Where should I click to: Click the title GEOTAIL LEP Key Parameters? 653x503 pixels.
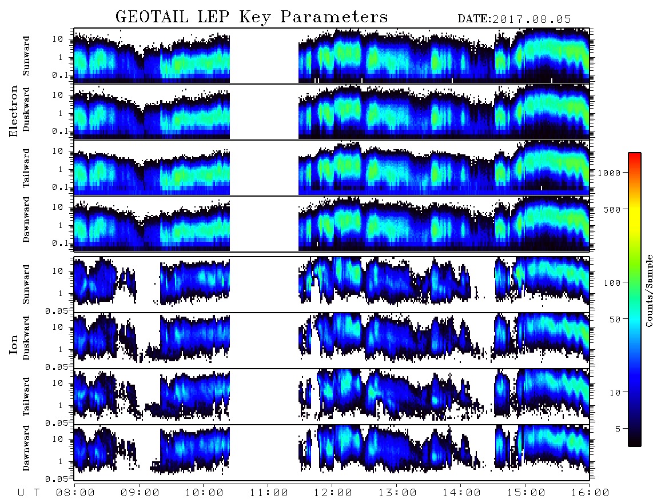(x=252, y=17)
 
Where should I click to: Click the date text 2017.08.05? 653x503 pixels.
(x=531, y=19)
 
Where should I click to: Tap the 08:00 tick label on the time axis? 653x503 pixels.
(x=75, y=493)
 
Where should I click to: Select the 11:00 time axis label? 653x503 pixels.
(x=269, y=493)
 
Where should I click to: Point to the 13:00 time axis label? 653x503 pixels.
(x=397, y=493)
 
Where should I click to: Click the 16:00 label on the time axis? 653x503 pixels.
(x=590, y=493)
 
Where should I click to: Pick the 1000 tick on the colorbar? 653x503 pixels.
(x=609, y=173)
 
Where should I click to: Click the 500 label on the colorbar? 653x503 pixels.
(x=612, y=209)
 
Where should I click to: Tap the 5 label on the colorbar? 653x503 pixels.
(x=618, y=429)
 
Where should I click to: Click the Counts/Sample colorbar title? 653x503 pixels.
(x=648, y=290)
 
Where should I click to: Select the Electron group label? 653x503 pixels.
(x=14, y=111)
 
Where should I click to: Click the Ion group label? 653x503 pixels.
(x=14, y=344)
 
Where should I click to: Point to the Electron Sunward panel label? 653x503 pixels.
(x=26, y=56)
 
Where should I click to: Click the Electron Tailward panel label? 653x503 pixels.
(x=26, y=168)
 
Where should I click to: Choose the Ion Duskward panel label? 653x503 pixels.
(x=26, y=338)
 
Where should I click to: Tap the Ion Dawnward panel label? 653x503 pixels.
(x=26, y=448)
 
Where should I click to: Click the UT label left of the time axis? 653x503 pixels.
(x=29, y=493)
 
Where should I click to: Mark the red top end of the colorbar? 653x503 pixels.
(x=635, y=154)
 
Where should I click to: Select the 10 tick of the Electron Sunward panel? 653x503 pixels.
(x=58, y=39)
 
